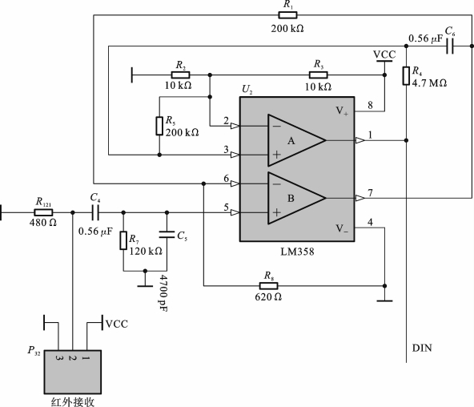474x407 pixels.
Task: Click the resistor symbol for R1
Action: [x=287, y=15]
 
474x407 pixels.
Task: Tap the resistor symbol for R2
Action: [x=180, y=75]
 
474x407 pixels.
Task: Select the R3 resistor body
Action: [x=318, y=75]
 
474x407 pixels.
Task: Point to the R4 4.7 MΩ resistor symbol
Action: [x=406, y=75]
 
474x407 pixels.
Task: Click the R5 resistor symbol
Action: [x=159, y=126]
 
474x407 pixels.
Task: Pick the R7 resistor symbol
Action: [x=123, y=240]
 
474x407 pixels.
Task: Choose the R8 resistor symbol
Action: [x=268, y=286]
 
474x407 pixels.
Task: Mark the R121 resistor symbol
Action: [x=43, y=212]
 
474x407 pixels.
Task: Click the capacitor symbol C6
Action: [x=450, y=46]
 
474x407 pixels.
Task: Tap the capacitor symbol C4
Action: [x=95, y=212]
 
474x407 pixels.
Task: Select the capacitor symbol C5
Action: [x=167, y=234]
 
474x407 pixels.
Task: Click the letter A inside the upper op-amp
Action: [x=291, y=140]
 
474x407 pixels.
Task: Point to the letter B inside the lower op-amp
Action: [x=291, y=199]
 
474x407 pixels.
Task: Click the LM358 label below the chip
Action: [x=297, y=252]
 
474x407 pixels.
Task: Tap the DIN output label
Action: [x=422, y=348]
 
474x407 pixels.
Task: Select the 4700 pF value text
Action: [x=163, y=292]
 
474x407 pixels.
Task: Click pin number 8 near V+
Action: [x=370, y=105]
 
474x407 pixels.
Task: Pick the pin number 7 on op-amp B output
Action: [x=370, y=192]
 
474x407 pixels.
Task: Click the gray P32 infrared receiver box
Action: [x=73, y=372]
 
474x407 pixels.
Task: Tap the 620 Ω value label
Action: [x=268, y=297]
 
